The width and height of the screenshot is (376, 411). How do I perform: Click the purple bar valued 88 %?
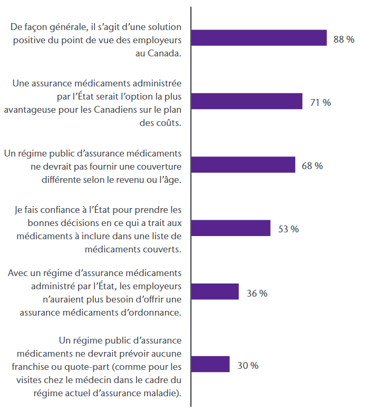(259, 38)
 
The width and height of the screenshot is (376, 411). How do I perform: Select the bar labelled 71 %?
(247, 102)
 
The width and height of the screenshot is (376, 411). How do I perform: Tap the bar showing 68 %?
(243, 165)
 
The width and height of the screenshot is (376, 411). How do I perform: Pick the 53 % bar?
(230, 228)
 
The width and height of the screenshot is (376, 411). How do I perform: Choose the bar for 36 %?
(215, 292)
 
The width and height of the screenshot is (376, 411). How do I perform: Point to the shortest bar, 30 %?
(210, 364)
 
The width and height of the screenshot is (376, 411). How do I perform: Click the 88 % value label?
(344, 40)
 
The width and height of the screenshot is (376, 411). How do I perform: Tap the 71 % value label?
(320, 103)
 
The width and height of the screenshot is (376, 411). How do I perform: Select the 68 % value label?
(312, 166)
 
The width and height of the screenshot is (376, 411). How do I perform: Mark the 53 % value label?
(288, 229)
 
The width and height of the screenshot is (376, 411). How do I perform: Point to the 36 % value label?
(257, 293)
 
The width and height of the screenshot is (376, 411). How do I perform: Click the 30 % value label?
(248, 365)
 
